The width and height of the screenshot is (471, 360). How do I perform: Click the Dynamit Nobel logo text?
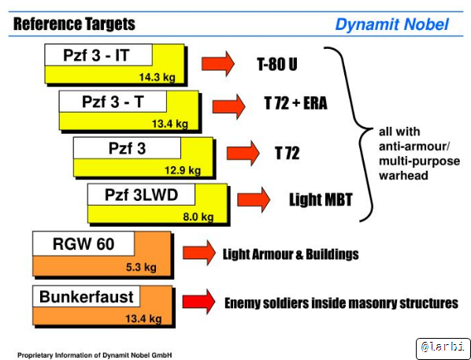tap(391, 24)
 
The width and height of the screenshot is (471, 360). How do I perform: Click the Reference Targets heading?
tap(74, 24)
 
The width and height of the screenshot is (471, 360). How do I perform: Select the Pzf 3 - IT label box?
tap(98, 55)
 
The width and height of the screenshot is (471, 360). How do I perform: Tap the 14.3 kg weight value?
tap(157, 77)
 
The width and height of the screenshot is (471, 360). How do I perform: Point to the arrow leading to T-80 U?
tap(217, 64)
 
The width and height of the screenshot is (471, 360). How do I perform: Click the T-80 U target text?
tap(277, 64)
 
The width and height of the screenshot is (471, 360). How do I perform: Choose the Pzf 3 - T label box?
tap(113, 102)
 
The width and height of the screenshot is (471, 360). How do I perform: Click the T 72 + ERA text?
tap(295, 103)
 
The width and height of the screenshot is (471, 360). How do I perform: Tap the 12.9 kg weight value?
tap(183, 170)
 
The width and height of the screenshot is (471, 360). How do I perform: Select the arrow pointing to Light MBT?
tap(254, 200)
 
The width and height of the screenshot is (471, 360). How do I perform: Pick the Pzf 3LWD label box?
tap(141, 195)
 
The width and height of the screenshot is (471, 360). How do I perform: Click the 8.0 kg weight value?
tap(198, 217)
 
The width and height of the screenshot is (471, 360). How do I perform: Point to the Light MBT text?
tap(321, 199)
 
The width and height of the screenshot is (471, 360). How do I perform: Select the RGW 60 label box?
tap(83, 243)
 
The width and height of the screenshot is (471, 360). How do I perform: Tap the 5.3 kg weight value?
tap(141, 267)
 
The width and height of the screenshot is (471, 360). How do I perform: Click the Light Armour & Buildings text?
tap(291, 254)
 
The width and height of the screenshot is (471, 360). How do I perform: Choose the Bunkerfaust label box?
tap(86, 297)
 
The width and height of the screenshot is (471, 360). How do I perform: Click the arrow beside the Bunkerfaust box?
tap(198, 302)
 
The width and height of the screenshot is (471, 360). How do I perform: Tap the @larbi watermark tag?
tap(443, 347)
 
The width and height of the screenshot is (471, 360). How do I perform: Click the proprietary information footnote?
tap(95, 355)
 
